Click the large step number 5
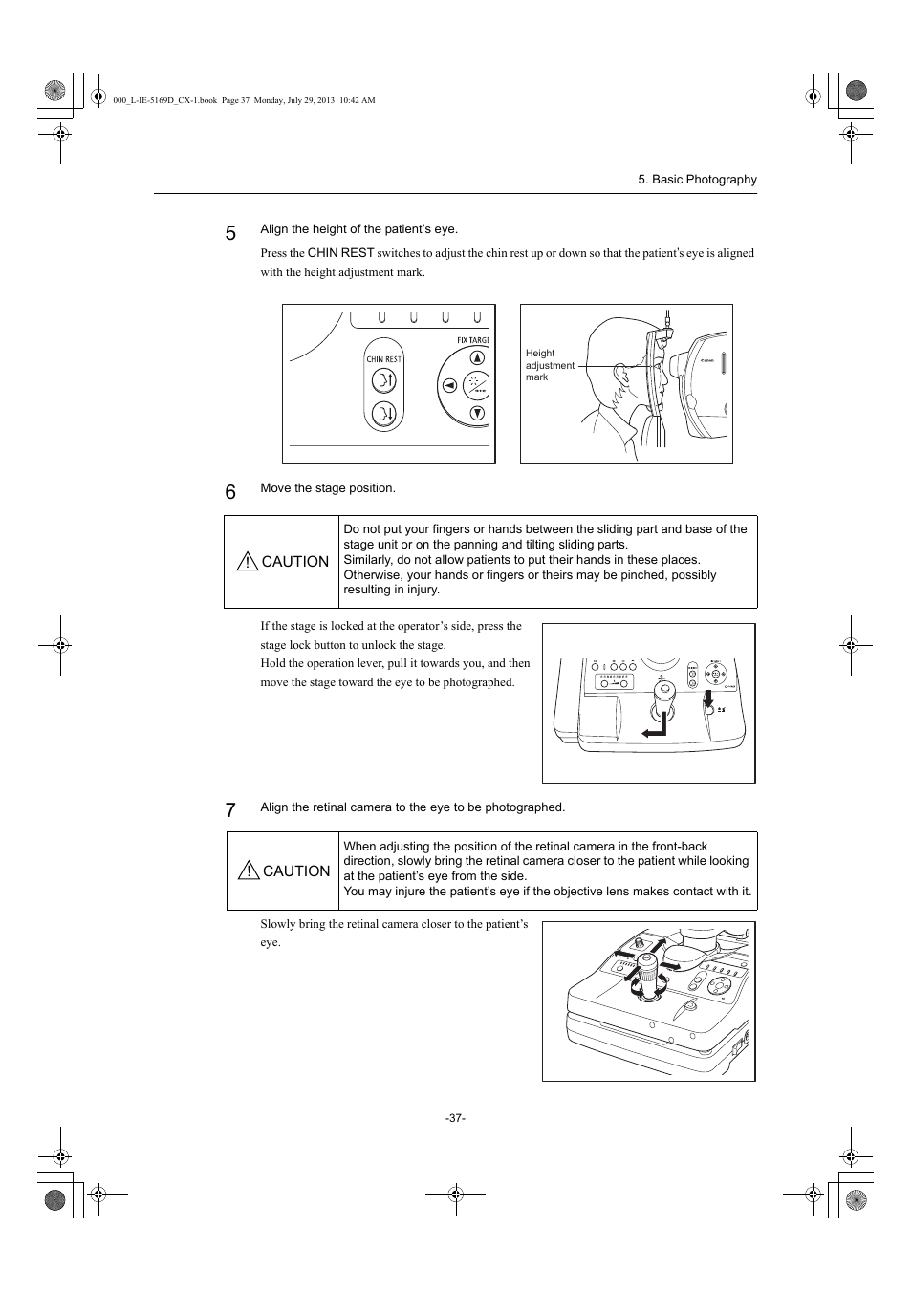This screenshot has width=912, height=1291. (230, 233)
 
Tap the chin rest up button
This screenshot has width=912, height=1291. (383, 381)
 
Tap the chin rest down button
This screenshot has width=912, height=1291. (383, 414)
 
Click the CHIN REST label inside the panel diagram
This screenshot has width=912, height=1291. (383, 359)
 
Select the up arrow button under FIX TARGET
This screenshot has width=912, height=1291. (477, 358)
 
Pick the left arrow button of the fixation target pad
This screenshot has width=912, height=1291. (448, 386)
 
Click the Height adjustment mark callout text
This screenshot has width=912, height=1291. (549, 365)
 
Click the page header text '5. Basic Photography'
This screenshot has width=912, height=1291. (697, 180)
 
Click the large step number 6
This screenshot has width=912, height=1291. (230, 492)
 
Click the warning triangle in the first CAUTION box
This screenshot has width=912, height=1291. (248, 562)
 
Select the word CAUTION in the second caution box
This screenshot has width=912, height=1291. (296, 871)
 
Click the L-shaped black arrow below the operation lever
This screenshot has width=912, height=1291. (655, 728)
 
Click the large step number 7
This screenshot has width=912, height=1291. (230, 811)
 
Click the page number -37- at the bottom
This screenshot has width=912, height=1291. (455, 1118)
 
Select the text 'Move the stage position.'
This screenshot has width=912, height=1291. (328, 488)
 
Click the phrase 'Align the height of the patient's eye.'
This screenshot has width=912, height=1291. (358, 229)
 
